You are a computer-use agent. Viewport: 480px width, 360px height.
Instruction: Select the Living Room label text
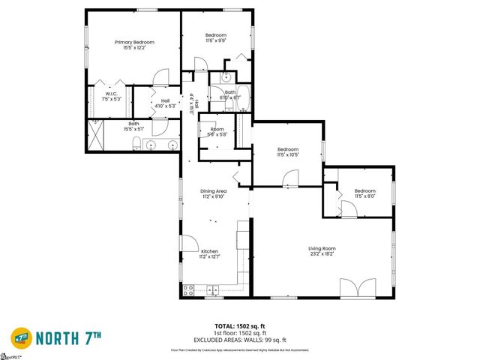pyautogui.click(x=322, y=248)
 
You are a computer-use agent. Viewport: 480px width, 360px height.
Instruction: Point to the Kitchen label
pyautogui.click(x=208, y=250)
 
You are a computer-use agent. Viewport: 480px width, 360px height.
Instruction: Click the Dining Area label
pyautogui.click(x=213, y=191)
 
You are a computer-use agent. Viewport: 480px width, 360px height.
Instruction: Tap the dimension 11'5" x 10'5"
pyautogui.click(x=288, y=155)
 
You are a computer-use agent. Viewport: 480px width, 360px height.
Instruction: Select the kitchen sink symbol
pyautogui.click(x=213, y=289)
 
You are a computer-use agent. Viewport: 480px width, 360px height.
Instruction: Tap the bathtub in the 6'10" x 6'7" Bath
pyautogui.click(x=244, y=98)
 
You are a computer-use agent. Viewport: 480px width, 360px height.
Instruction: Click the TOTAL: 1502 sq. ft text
pyautogui.click(x=239, y=325)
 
